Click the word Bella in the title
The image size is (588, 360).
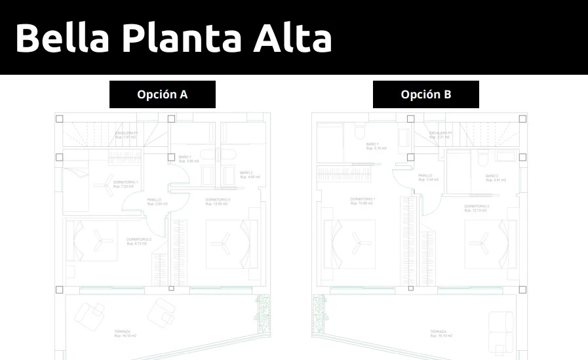(62, 38)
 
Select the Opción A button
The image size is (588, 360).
(163, 94)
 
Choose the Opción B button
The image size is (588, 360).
(426, 94)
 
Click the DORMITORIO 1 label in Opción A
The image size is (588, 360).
(125, 184)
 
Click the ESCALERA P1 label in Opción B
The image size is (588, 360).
(440, 134)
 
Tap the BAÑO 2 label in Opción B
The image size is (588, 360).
(492, 177)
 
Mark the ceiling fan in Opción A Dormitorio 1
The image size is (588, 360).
(102, 185)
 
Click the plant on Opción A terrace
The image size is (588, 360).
(265, 314)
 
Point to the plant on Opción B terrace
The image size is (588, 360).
(320, 314)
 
